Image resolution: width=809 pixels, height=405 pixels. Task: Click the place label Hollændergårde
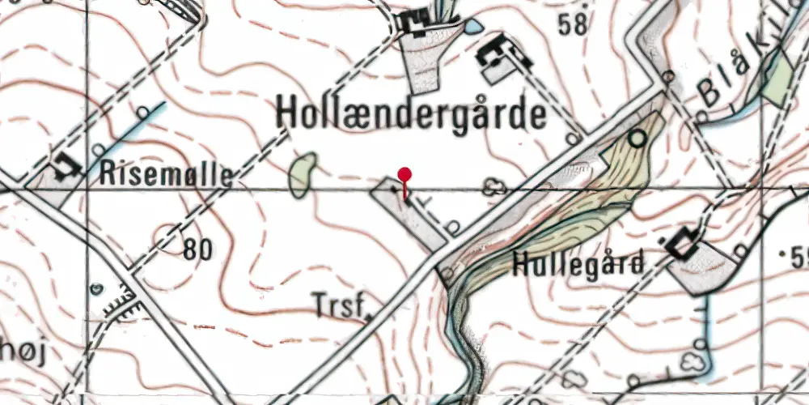tap(411, 114)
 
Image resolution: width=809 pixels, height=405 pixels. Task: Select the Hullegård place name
tap(579, 263)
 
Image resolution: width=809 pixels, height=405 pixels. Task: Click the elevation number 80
tap(197, 250)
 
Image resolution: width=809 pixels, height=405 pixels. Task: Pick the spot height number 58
tap(572, 25)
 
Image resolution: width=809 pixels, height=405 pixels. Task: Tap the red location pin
tap(405, 175)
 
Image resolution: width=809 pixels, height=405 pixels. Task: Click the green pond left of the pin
tap(302, 174)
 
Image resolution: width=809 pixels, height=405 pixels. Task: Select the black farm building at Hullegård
tap(682, 244)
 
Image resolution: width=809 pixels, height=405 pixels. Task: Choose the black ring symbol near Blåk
tap(639, 139)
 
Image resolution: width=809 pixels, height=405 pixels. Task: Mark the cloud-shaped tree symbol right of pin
tap(492, 189)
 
